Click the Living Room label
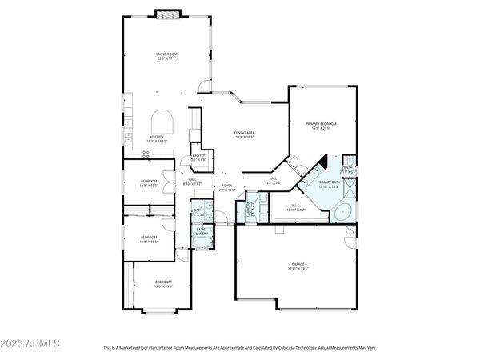[x=166, y=55]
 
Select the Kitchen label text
[x=157, y=138]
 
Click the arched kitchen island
[x=162, y=122]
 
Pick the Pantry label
[x=199, y=157]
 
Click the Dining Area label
[x=244, y=134]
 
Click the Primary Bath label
[x=329, y=184]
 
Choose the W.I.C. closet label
[x=296, y=208]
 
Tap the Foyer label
[x=227, y=187]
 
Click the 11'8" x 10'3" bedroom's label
[x=150, y=238]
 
